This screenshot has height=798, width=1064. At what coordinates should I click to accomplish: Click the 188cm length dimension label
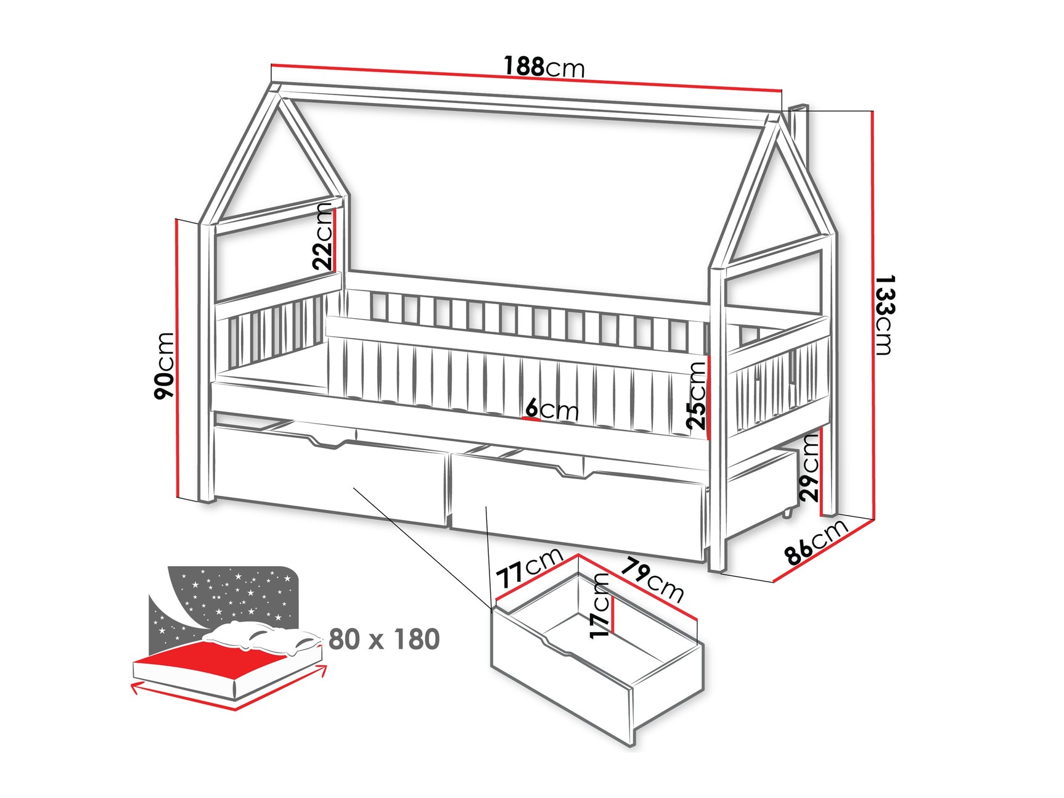pos(544,67)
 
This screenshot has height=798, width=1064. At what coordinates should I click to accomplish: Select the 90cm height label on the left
pos(165,365)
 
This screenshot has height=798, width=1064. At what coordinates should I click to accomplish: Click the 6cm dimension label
pos(552,409)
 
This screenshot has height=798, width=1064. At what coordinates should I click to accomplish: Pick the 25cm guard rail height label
pos(697,395)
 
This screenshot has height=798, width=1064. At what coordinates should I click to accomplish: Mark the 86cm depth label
pos(817,543)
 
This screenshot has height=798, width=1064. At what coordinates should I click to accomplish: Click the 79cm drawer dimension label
pos(652,580)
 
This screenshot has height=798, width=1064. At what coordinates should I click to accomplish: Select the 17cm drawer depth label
pos(600,606)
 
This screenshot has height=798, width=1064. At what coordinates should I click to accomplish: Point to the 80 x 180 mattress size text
pos(384,640)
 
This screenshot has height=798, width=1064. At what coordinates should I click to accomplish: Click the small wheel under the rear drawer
pos(788,513)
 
